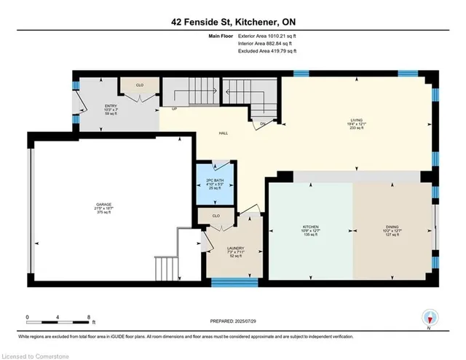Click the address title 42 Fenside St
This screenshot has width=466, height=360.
point(232,23)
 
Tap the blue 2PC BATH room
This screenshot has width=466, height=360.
point(215,183)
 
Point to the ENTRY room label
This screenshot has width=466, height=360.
point(111,106)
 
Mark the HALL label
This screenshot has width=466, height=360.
point(226,133)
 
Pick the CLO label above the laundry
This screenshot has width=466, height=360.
point(216,216)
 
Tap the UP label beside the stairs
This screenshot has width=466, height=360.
point(174,109)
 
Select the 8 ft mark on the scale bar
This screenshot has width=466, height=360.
point(88,318)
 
